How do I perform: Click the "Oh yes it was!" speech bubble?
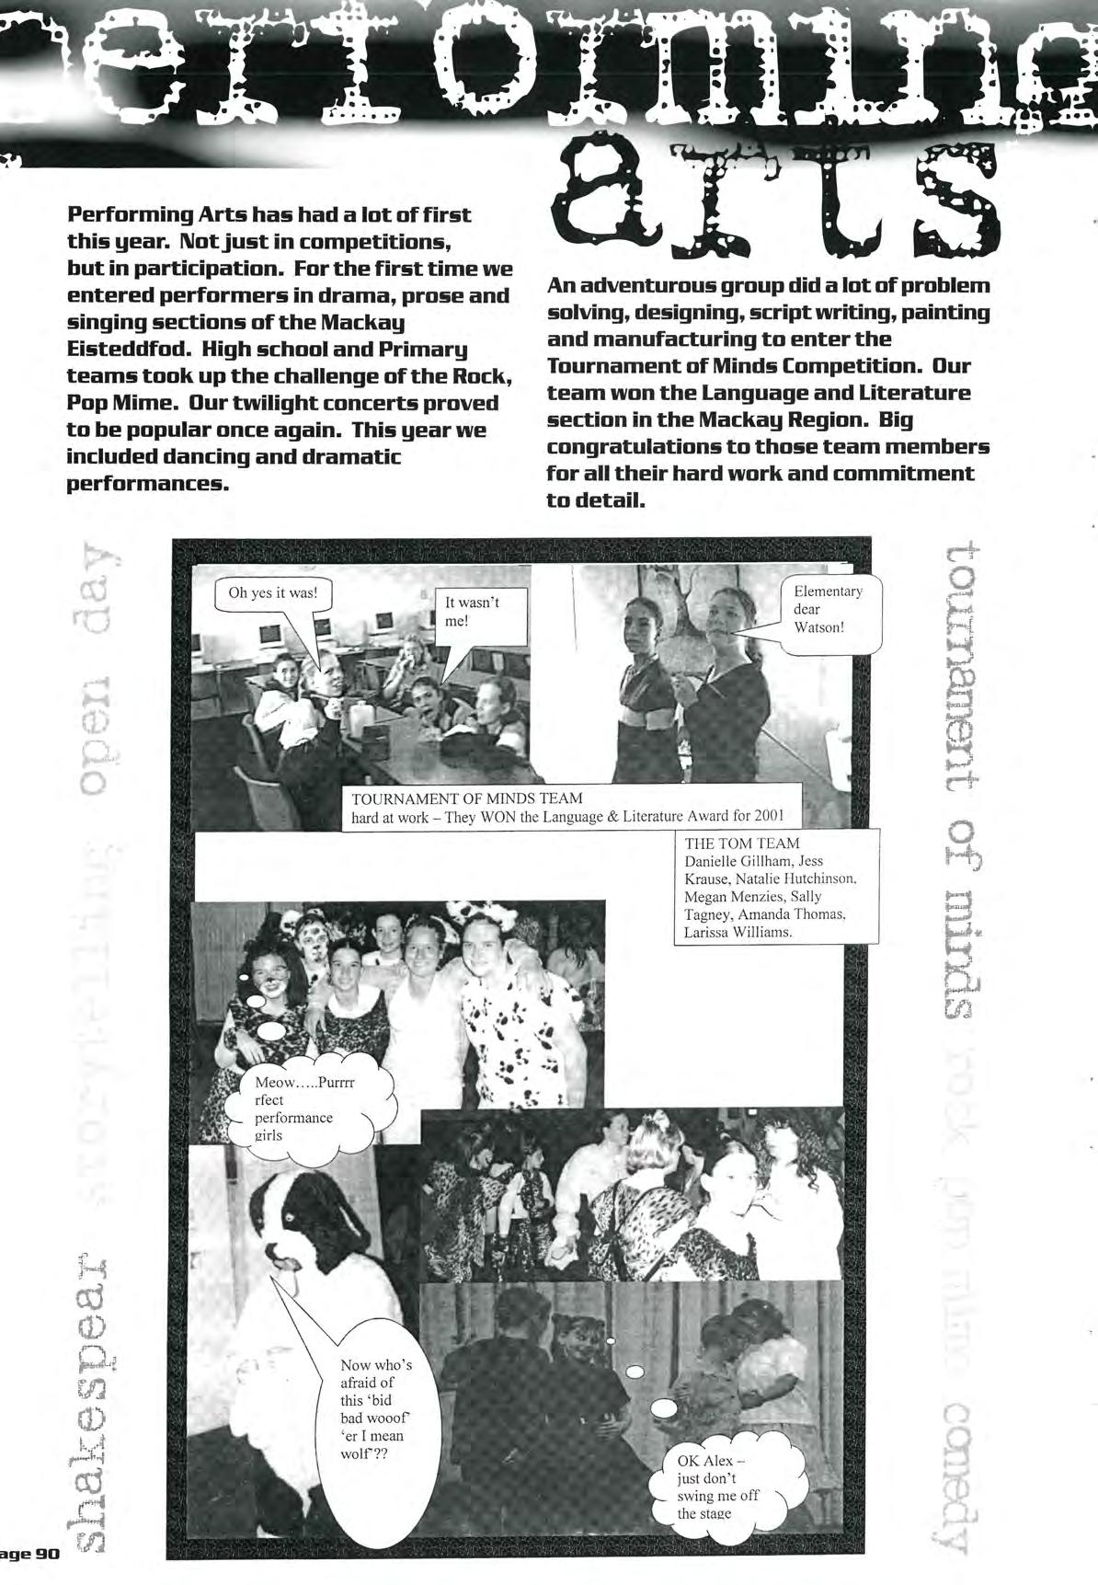coord(273,593)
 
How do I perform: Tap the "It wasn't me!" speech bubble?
coord(478,613)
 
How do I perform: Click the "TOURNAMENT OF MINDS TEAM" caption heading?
coord(467,798)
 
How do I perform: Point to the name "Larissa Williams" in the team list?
coord(738,932)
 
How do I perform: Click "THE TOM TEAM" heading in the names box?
coord(742,843)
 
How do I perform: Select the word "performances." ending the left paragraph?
coord(147,484)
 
